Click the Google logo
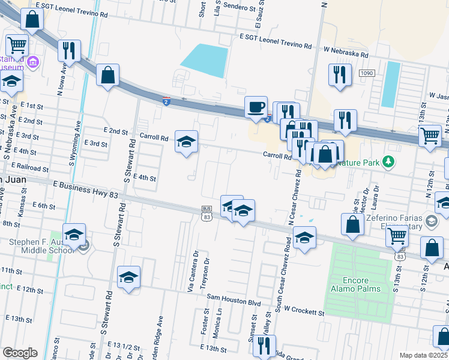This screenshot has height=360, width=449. (20, 353)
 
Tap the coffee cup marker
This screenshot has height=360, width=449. (256, 107)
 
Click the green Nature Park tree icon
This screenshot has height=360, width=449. (389, 161)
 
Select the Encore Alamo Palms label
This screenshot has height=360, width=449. (355, 284)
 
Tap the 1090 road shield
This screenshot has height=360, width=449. (367, 73)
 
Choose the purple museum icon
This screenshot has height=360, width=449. (33, 61)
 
